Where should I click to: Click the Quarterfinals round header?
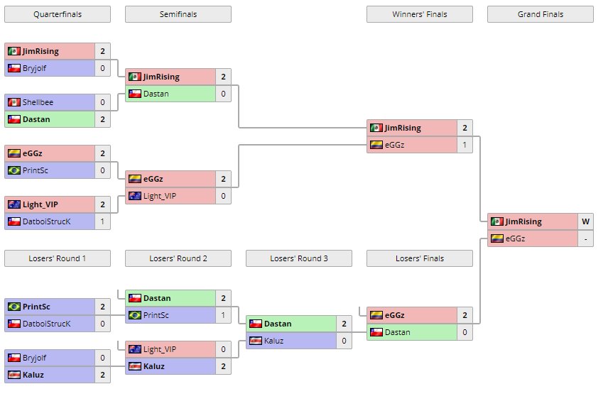[58, 14]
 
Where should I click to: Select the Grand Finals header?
[541, 14]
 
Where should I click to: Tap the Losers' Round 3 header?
[299, 258]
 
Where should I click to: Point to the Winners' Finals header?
[420, 14]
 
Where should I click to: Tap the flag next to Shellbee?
[13, 102]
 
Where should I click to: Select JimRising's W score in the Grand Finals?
[585, 221]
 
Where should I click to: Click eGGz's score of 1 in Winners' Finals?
[465, 145]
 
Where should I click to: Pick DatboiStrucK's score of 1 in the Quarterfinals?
[102, 221]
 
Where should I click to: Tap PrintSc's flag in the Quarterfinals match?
[13, 170]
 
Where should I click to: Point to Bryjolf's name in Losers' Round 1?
[37, 358]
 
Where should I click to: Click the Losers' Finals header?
[420, 258]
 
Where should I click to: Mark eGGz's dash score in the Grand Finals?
[585, 238]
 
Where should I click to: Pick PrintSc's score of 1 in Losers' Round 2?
[223, 315]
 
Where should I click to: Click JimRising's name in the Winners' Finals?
[403, 128]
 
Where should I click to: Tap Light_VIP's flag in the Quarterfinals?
[13, 204]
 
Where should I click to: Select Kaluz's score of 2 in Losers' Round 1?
[102, 375]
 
